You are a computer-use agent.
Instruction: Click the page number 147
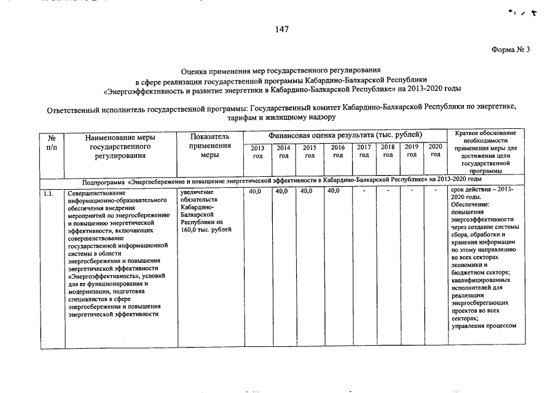[281, 29]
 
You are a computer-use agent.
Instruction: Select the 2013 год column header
[257, 151]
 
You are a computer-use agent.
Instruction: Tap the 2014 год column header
[283, 151]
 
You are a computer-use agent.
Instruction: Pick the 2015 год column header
[309, 151]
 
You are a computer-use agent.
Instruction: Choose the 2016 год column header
[338, 151]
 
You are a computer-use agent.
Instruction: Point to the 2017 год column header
[364, 151]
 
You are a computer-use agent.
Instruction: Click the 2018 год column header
[388, 150]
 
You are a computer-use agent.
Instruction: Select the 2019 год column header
[412, 150]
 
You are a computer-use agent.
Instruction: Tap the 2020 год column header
[436, 150]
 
